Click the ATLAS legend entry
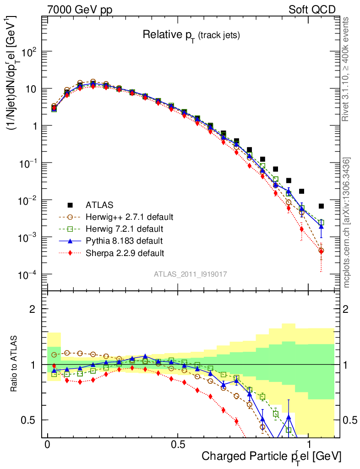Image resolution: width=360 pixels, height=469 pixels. [x=99, y=205]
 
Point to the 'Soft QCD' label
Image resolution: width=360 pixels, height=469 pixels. [x=311, y=10]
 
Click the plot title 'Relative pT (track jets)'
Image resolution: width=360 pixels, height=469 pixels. [x=191, y=35]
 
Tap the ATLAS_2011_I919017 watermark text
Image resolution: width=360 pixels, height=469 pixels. [x=191, y=274]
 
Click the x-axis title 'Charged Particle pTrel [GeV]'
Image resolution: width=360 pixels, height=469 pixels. [x=271, y=457]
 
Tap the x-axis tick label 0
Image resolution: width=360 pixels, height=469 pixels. [x=47, y=445]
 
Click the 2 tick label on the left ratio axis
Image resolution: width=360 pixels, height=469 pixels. [x=33, y=309]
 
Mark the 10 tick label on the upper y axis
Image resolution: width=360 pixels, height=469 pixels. [x=30, y=89]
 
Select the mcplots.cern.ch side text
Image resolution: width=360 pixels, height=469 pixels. [x=347, y=222]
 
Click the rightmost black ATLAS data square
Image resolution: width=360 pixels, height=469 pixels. [x=321, y=206]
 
